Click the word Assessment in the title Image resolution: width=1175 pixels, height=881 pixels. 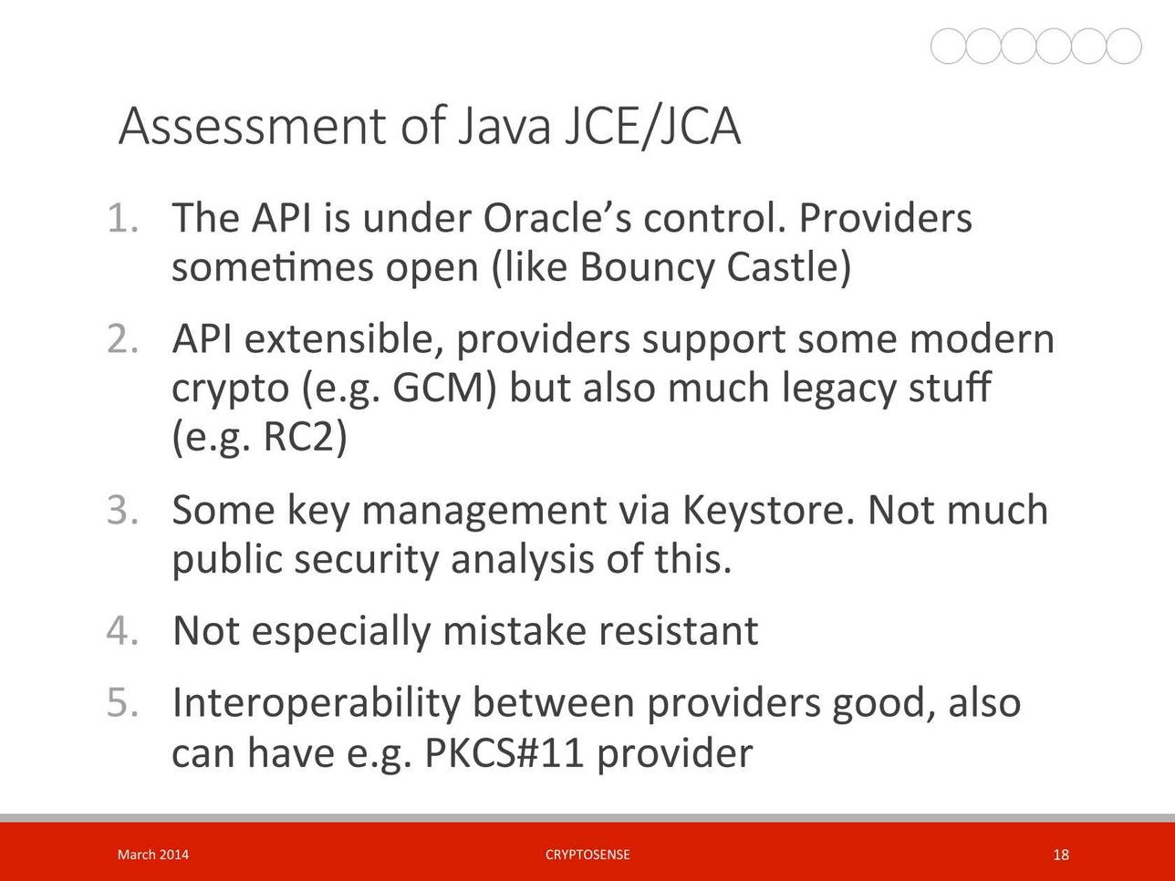coord(252,126)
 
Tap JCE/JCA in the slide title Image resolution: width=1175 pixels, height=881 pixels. coord(653,126)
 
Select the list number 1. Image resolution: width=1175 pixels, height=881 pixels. coord(123,218)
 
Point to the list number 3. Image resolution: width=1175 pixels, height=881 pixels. coord(123,510)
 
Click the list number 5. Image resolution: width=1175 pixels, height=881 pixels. coord(123,702)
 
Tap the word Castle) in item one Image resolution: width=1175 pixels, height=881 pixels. coord(789,267)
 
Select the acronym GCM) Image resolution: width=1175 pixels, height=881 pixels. coord(444,388)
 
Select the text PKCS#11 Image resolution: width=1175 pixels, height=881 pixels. coord(504,753)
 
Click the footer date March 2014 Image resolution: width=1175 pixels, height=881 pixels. coord(153,855)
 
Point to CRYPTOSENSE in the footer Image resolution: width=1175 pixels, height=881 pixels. coord(587,855)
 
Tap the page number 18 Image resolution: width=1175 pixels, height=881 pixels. coord(1060,855)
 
